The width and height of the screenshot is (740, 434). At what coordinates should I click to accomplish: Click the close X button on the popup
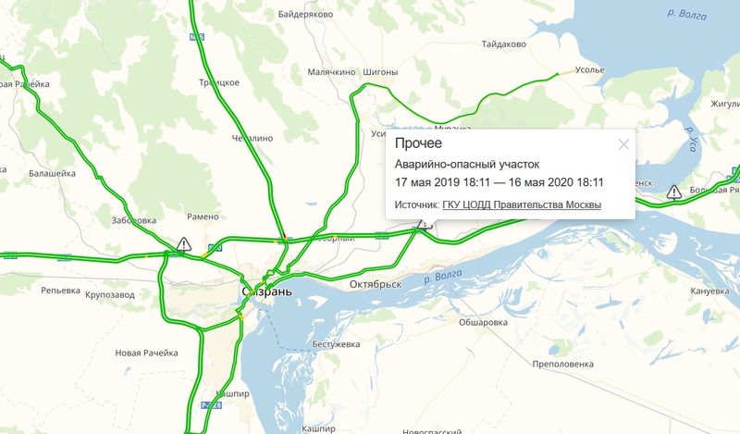tap(623, 143)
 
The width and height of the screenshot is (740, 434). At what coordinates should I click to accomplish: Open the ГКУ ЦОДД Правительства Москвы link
tap(522, 205)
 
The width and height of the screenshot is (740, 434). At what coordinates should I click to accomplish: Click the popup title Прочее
tap(418, 143)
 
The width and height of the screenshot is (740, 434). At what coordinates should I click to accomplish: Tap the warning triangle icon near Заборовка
tap(184, 244)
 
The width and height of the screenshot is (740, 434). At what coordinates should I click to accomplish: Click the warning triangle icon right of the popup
tap(673, 192)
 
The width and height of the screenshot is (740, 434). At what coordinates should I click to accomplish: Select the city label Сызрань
tap(267, 291)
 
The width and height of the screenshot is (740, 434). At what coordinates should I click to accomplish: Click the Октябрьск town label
tap(376, 284)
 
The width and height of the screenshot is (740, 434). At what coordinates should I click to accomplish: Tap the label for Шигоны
tap(380, 72)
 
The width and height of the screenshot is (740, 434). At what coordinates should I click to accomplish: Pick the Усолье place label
tap(589, 69)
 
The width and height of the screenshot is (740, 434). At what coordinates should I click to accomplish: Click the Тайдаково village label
tap(504, 43)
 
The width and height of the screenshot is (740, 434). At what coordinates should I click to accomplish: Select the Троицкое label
tap(219, 82)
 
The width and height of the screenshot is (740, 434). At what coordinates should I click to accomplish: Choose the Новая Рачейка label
tap(146, 353)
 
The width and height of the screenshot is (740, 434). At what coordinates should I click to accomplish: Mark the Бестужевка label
tap(335, 344)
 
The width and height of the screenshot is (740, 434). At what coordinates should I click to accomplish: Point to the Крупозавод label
tap(109, 295)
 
